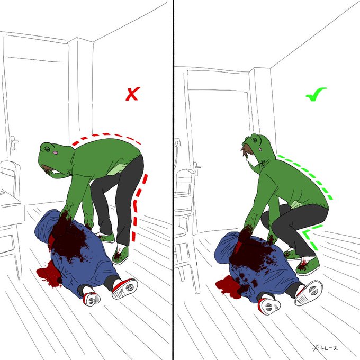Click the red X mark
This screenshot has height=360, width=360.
133,94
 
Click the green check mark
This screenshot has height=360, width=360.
316,94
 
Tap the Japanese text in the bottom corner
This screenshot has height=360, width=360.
325,348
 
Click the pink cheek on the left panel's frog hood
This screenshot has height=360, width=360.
55,152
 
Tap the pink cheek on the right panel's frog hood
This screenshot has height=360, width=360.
260,149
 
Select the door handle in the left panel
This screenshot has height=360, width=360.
14,141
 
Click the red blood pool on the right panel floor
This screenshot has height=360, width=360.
229,285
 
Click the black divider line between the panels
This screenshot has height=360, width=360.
173,180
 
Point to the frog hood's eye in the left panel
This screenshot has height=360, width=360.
47,149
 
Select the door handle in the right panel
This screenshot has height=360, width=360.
197,167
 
